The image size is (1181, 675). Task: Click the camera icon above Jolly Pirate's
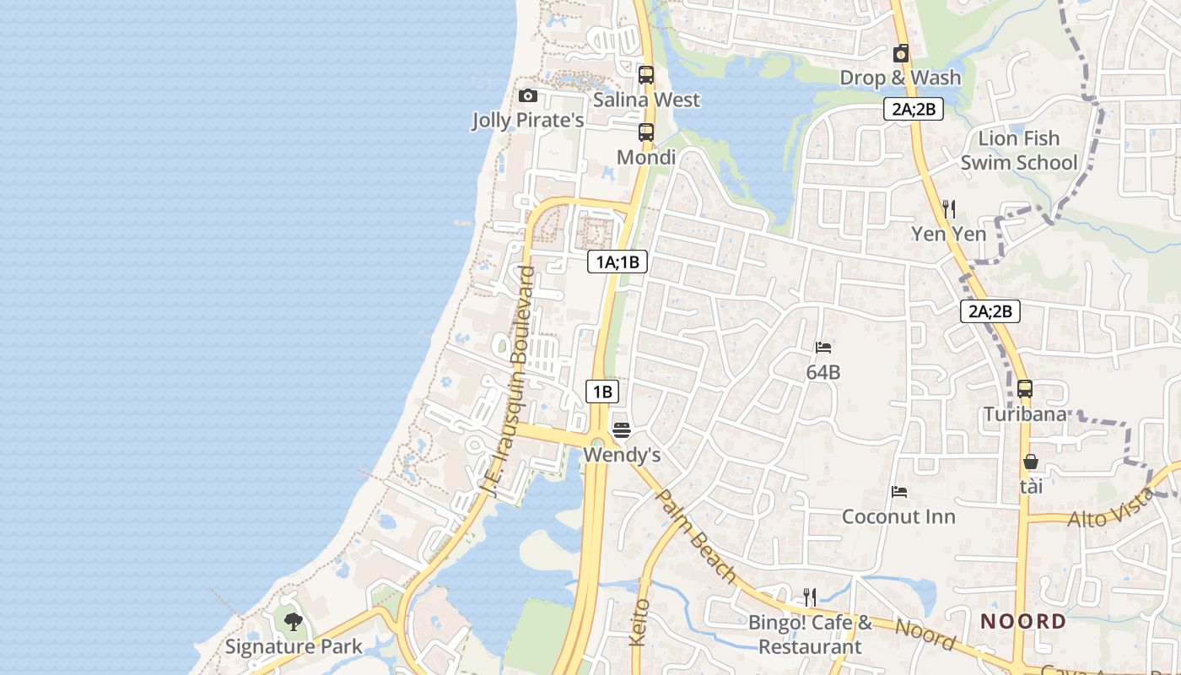(528, 95)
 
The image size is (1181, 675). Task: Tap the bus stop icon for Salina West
(646, 74)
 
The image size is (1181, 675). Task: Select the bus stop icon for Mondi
(646, 132)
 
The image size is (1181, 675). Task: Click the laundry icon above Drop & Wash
(901, 53)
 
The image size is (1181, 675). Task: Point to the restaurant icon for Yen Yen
(949, 208)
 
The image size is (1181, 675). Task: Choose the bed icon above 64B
(823, 347)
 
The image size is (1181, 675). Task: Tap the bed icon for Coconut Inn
(899, 492)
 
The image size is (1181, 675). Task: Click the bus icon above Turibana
(1025, 389)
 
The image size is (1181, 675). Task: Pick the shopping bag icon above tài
(1031, 462)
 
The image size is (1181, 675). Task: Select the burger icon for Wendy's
(622, 430)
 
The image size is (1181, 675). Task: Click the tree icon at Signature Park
(293, 623)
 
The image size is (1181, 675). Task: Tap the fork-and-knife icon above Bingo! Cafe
(810, 597)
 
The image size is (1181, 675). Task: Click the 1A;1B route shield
(617, 262)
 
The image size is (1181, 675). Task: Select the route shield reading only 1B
(602, 391)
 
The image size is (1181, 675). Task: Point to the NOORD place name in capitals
(1023, 622)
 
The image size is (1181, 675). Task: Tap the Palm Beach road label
(697, 536)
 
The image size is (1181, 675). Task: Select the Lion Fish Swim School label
(1018, 150)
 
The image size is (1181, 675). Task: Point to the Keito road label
(640, 623)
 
